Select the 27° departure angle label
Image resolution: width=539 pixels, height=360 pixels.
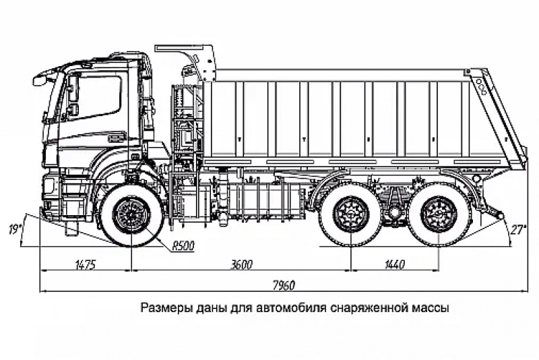pos(518,230)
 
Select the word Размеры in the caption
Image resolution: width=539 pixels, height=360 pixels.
pos(162,309)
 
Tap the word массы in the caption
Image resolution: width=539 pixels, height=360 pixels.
pos(429,309)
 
